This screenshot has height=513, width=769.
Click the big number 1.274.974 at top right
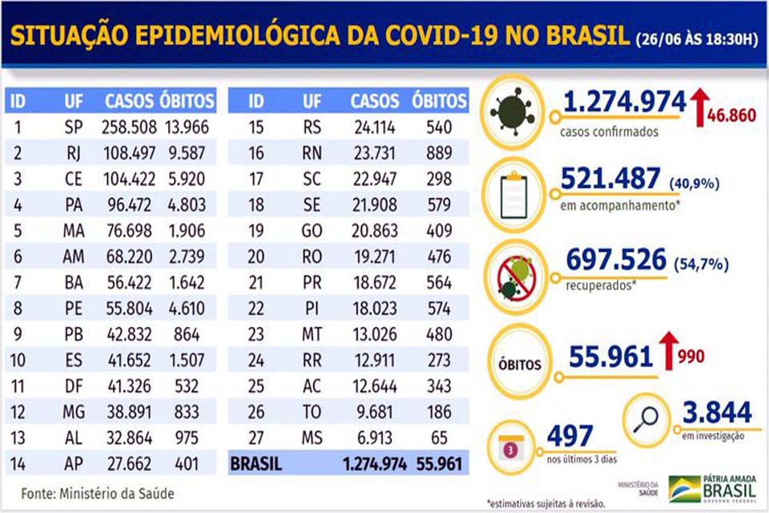pyautogui.click(x=624, y=102)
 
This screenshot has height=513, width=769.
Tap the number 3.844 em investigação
pyautogui.click(x=717, y=413)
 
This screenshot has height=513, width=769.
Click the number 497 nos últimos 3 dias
pyautogui.click(x=570, y=437)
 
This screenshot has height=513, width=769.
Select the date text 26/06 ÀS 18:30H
pyautogui.click(x=695, y=39)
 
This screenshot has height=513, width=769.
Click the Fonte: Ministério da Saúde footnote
pyautogui.click(x=97, y=494)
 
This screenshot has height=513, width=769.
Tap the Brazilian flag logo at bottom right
pyautogui.click(x=683, y=488)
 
